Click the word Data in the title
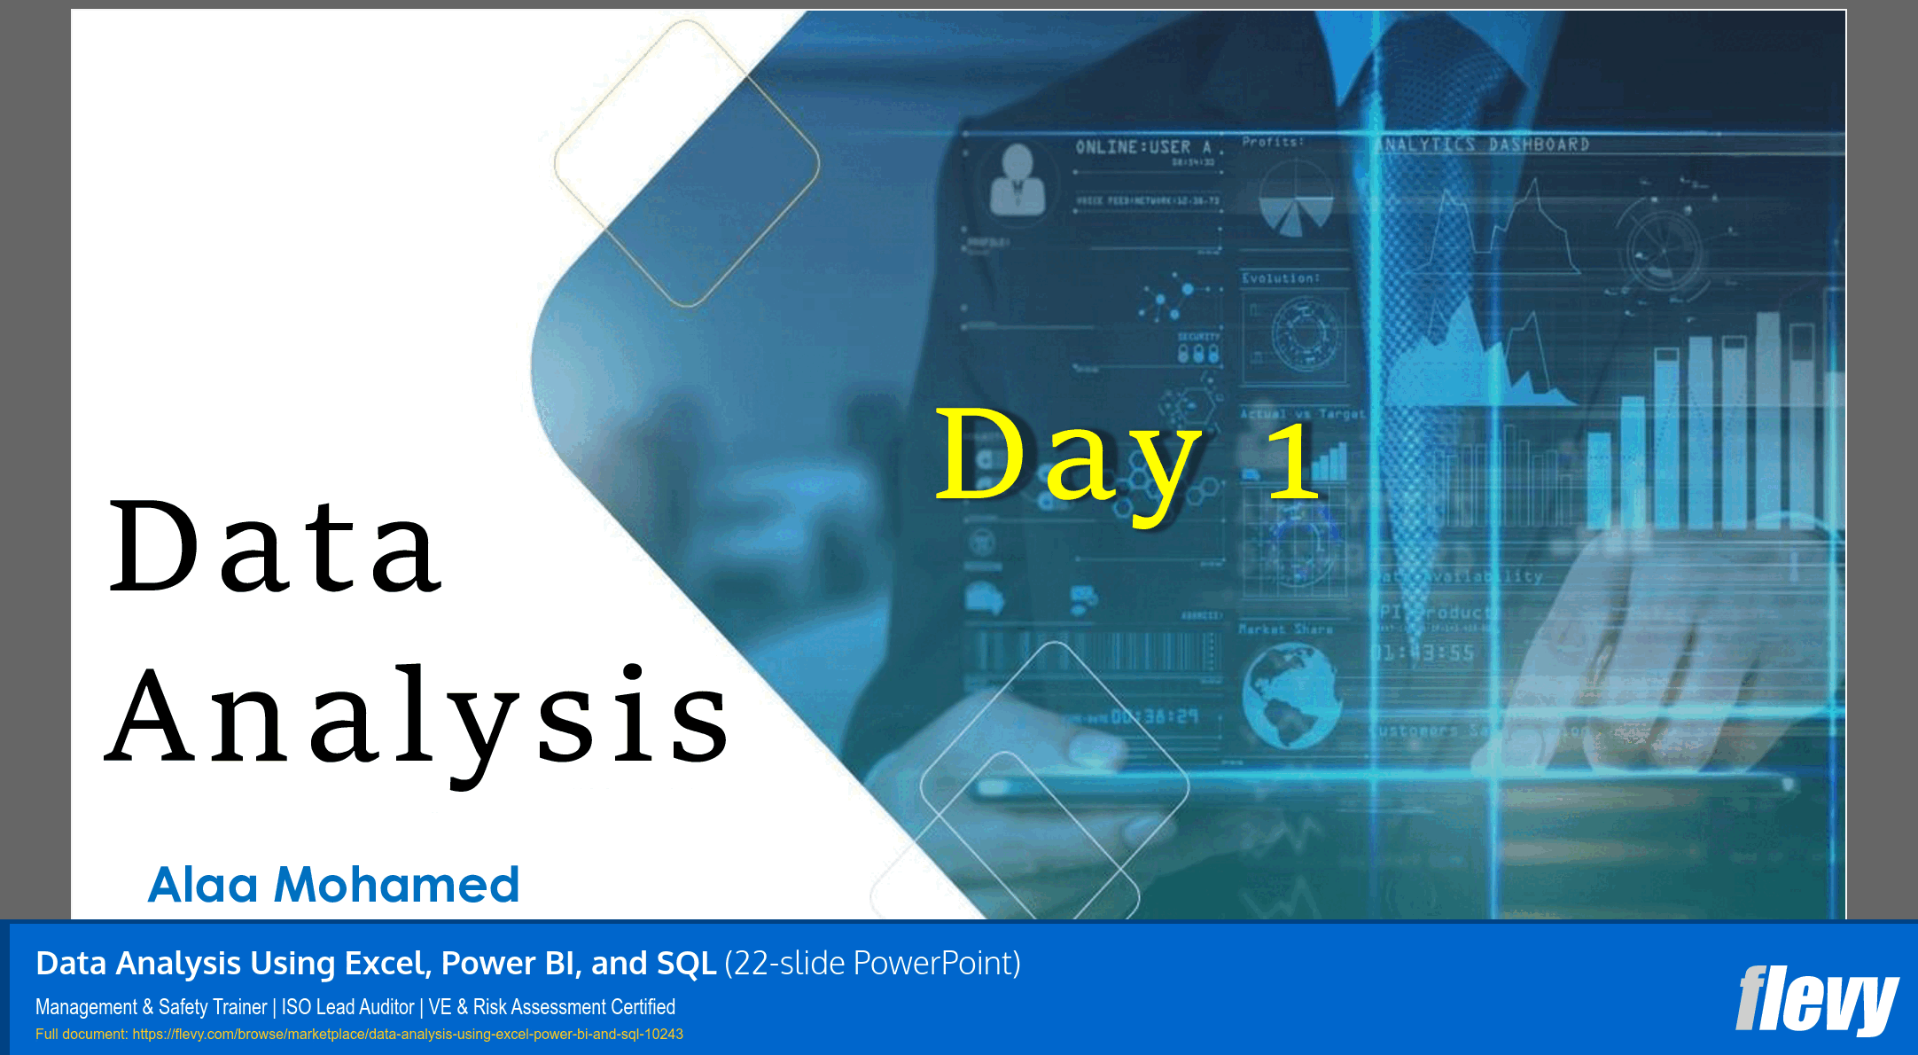(x=275, y=547)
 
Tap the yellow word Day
(x=1068, y=457)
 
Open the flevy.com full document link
(x=408, y=1034)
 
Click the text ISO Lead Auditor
(x=347, y=1007)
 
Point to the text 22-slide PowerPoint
(x=872, y=963)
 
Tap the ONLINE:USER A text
(x=1143, y=147)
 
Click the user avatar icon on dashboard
(x=1017, y=180)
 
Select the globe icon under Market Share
(x=1290, y=696)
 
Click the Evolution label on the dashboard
(x=1280, y=278)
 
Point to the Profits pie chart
(x=1295, y=199)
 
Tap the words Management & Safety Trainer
(x=151, y=1007)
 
